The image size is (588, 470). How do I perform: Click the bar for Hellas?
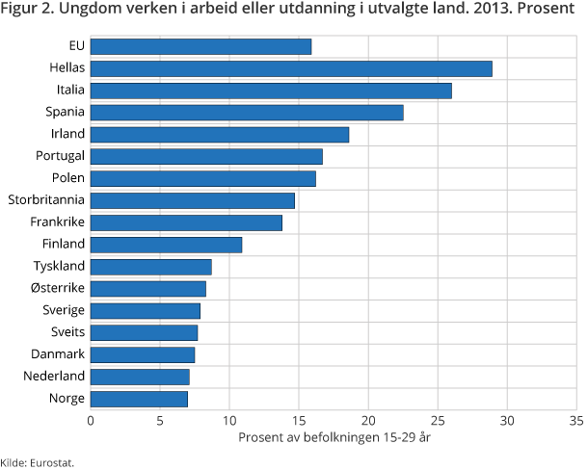click(x=291, y=68)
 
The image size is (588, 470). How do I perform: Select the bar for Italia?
click(x=271, y=91)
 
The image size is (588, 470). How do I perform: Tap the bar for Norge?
click(x=139, y=399)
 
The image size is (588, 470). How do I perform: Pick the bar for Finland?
click(x=166, y=245)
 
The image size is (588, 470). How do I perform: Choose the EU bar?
click(x=200, y=46)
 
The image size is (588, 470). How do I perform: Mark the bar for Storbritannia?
click(x=193, y=200)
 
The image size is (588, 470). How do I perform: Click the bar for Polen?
click(x=203, y=178)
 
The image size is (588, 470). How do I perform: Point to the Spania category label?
click(x=65, y=113)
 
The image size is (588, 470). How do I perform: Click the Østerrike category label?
click(x=58, y=288)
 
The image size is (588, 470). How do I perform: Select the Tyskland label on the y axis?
click(x=60, y=266)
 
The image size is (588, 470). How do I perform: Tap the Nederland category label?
click(x=56, y=376)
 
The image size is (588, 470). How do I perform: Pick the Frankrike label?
click(x=57, y=222)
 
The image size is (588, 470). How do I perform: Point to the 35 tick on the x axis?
click(x=575, y=420)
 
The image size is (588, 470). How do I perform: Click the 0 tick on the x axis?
click(x=91, y=420)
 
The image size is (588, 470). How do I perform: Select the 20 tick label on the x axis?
click(x=368, y=420)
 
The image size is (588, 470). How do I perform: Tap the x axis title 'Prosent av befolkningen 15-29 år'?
click(x=333, y=438)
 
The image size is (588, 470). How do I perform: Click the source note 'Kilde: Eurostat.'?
click(x=38, y=462)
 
